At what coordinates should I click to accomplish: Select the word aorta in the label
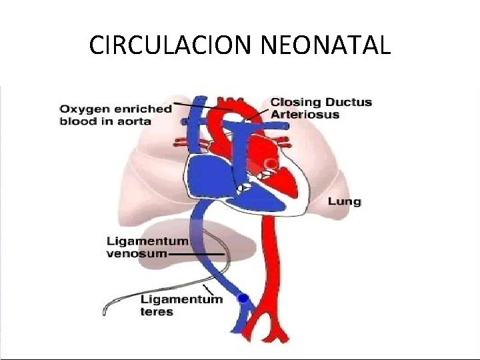pos(135,121)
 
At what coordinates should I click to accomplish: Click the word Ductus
pos(349,103)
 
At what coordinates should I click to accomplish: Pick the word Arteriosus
pos(305,114)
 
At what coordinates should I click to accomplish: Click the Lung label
pos(344,201)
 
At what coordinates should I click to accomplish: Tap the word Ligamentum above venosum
pos(147,241)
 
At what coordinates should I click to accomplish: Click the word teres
pos(157,311)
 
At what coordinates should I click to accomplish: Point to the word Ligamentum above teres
pos(181,299)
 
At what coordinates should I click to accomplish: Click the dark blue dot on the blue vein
pos(243,298)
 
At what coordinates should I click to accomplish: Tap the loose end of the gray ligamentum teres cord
pos(105,311)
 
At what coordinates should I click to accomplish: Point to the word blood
pos(75,121)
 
